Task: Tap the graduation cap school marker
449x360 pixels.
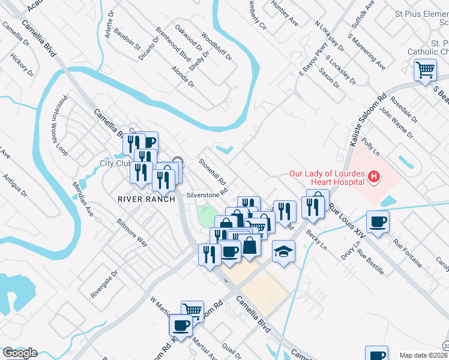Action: tap(283, 251)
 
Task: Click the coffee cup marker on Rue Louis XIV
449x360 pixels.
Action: tap(378, 221)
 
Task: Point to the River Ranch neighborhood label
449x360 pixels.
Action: tap(146, 199)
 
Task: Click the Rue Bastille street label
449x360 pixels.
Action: tap(370, 262)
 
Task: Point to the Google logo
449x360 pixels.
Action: tap(20, 353)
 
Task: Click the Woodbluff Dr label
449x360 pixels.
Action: tap(217, 46)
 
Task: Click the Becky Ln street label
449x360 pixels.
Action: tap(316, 239)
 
